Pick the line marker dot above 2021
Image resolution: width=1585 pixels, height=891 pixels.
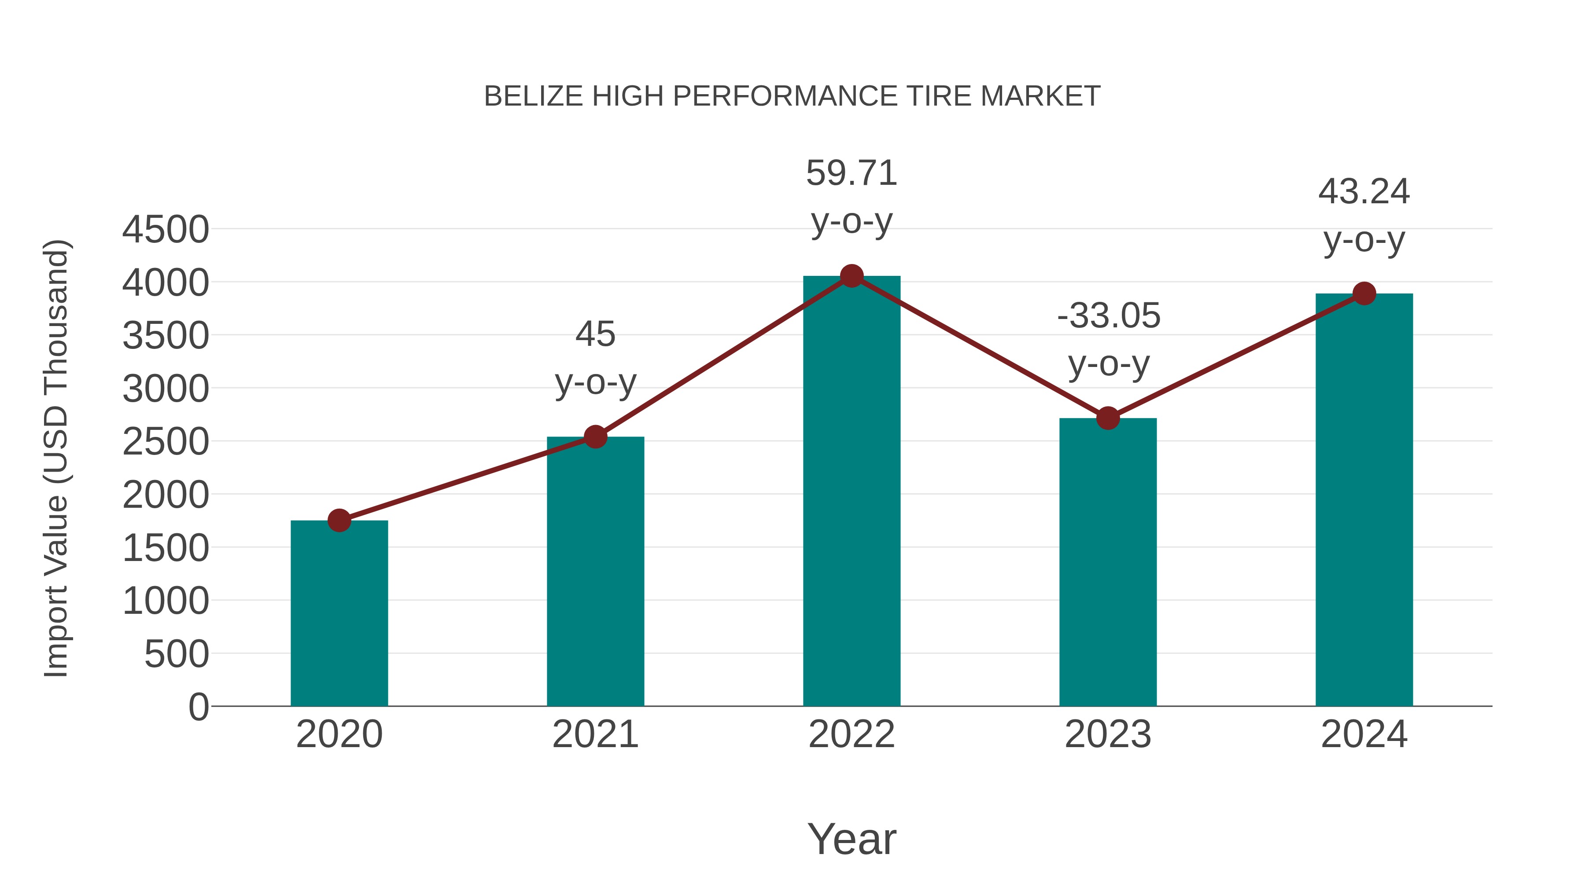tap(595, 437)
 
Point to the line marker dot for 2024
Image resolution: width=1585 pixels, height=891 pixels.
tap(1364, 294)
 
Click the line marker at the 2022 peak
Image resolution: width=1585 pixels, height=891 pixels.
tap(851, 276)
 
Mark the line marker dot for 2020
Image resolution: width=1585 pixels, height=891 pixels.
tap(339, 521)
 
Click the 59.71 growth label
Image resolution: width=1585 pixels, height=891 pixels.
tap(851, 173)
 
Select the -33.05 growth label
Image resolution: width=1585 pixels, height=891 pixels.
tap(1108, 316)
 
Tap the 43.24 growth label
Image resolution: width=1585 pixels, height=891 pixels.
tap(1364, 192)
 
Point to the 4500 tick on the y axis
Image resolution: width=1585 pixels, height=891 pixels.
tap(166, 230)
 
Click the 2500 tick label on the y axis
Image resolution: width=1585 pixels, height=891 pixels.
tap(166, 442)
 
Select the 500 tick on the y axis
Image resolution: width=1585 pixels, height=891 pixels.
tap(176, 654)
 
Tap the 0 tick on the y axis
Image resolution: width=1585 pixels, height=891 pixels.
tap(198, 707)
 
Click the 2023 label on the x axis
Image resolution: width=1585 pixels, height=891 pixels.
tap(1108, 734)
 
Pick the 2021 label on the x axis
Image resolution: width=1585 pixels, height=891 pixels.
tap(595, 734)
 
